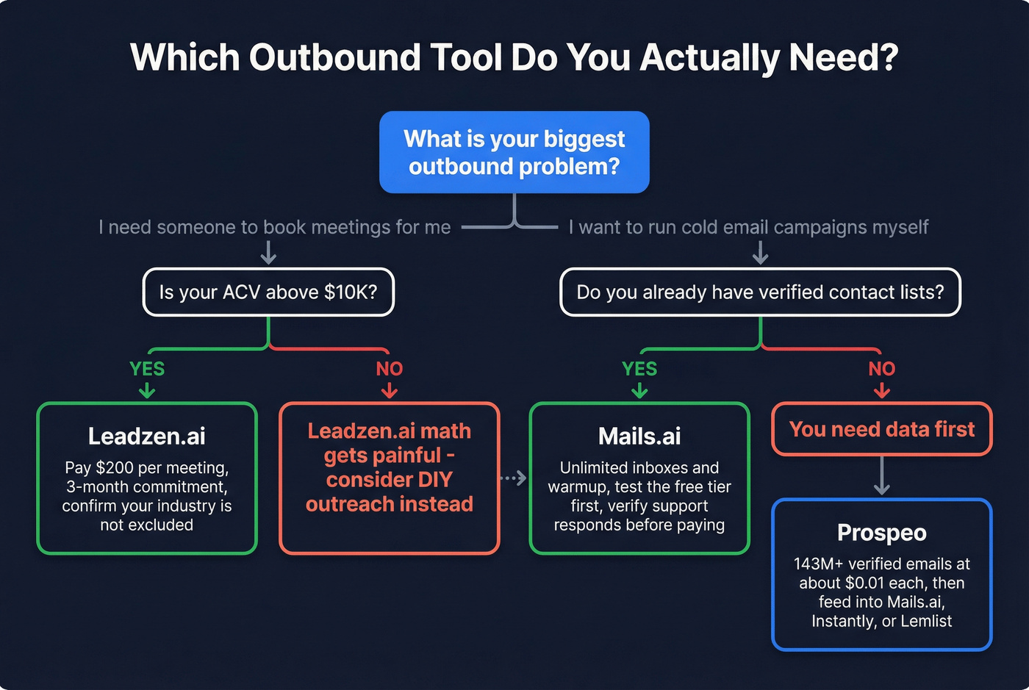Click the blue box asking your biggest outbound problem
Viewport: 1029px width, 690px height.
click(x=514, y=152)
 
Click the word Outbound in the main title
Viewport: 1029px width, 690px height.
click(x=334, y=57)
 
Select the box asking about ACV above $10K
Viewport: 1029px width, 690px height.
click(x=268, y=292)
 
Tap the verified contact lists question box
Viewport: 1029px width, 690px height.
click(x=760, y=292)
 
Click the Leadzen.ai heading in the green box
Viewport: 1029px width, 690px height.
click(x=147, y=436)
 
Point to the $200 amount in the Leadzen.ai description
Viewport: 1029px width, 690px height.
click(x=115, y=468)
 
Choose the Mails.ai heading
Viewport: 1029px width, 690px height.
click(x=639, y=436)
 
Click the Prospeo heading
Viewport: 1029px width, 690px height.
click(x=881, y=533)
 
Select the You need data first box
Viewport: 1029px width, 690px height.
click(x=881, y=429)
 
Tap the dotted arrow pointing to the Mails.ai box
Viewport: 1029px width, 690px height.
click(x=514, y=478)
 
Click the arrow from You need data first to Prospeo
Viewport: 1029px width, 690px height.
click(x=881, y=477)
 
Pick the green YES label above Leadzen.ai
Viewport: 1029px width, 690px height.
click(x=147, y=369)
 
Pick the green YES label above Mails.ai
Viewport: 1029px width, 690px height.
click(x=639, y=369)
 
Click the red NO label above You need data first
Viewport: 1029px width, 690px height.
click(x=881, y=369)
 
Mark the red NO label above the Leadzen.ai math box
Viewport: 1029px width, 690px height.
click(x=390, y=369)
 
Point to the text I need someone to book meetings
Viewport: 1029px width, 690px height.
click(x=274, y=228)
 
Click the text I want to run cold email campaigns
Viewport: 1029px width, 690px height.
click(x=748, y=228)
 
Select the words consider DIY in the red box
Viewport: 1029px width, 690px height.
click(x=390, y=480)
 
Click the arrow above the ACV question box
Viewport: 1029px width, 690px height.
click(x=268, y=253)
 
